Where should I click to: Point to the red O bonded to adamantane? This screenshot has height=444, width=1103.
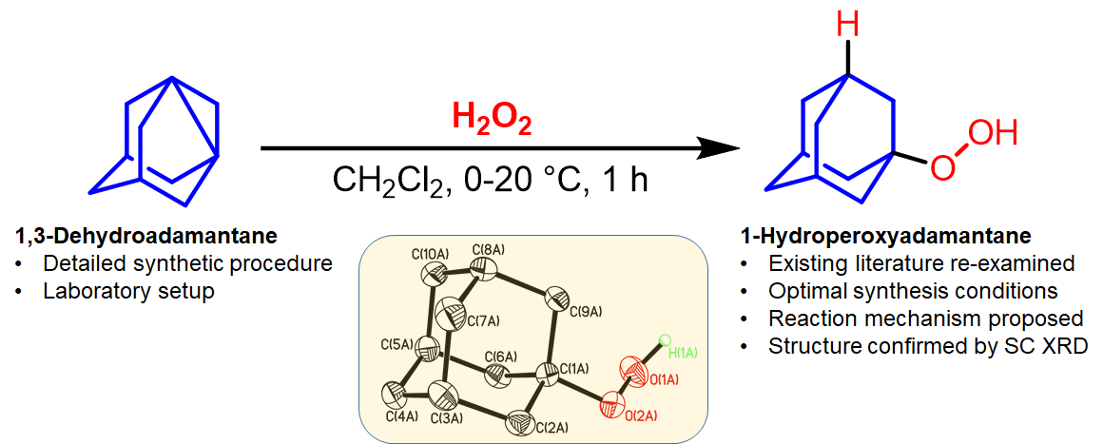pos(941,168)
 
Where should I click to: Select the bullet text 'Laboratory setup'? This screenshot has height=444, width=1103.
pos(128,291)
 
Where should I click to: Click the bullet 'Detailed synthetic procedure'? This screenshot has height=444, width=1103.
pos(187,263)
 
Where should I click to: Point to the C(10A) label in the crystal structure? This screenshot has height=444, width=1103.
pos(430,254)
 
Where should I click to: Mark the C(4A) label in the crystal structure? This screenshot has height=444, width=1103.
pos(402,415)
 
